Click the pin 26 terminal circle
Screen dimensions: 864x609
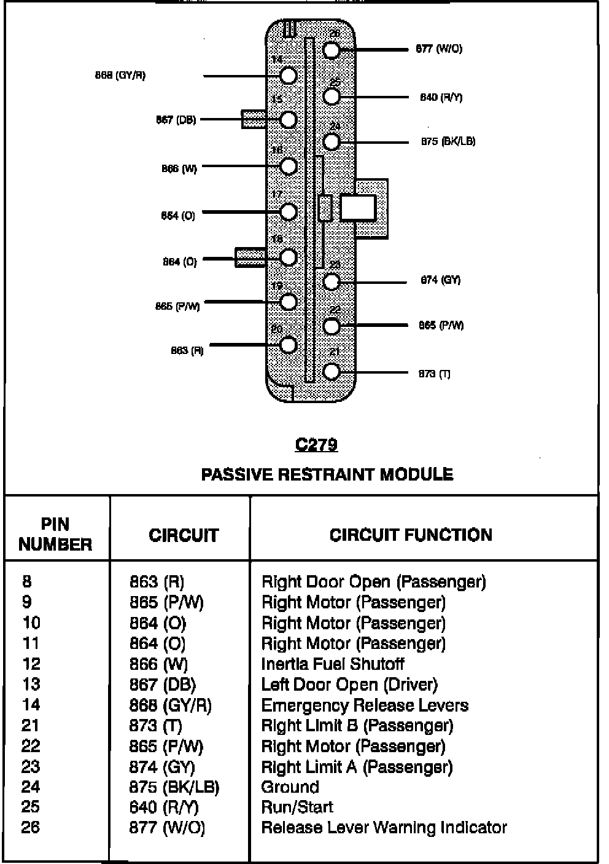point(332,50)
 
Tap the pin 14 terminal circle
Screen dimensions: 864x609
point(289,76)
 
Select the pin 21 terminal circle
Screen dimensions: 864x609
point(332,371)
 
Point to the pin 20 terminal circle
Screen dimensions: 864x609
point(289,345)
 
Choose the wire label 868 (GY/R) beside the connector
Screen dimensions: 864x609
point(120,76)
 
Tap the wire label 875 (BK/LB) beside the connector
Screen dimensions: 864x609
point(448,141)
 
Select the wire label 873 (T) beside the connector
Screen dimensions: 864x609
point(435,374)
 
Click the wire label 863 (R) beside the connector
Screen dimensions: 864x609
point(187,351)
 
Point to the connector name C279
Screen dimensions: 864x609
point(316,444)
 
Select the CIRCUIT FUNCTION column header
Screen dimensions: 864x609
point(411,535)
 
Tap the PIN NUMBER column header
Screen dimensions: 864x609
point(55,534)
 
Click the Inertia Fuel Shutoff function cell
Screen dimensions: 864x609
point(333,664)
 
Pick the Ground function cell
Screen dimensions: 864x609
point(290,787)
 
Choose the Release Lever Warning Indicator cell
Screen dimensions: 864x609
point(384,828)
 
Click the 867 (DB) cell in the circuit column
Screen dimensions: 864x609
point(162,685)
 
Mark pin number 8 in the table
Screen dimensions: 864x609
point(27,581)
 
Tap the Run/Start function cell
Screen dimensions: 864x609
point(297,807)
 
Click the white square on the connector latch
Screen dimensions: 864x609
point(358,208)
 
